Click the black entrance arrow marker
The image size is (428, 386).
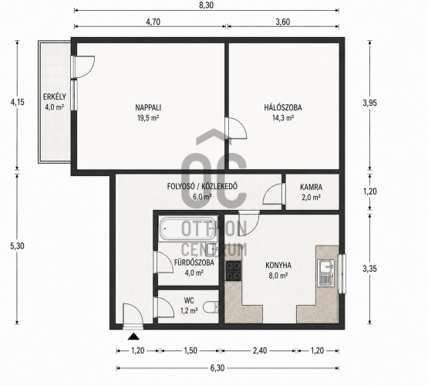pyautogui.click(x=133, y=337)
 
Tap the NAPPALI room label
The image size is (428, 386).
pyautogui.click(x=148, y=107)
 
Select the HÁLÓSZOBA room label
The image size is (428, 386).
pyautogui.click(x=283, y=107)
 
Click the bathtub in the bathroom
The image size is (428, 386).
pyautogui.click(x=189, y=229)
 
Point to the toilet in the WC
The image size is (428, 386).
pyautogui.click(x=211, y=307)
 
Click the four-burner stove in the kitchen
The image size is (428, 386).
pyautogui.click(x=234, y=270)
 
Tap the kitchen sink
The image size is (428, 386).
pyautogui.click(x=326, y=273)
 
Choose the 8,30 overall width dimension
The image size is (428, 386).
pyautogui.click(x=206, y=5)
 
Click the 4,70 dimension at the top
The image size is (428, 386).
pyautogui.click(x=153, y=22)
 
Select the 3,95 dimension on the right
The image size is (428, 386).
pyautogui.click(x=370, y=103)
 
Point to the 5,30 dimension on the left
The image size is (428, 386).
pyautogui.click(x=17, y=245)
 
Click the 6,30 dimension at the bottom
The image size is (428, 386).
pyautogui.click(x=217, y=368)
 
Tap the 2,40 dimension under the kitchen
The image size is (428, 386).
pyautogui.click(x=260, y=350)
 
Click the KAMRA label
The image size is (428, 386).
pyautogui.click(x=312, y=187)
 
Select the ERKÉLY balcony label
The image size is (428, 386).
pyautogui.click(x=55, y=96)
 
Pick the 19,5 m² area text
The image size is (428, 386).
pyautogui.click(x=148, y=118)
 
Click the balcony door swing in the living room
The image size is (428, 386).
pyautogui.click(x=85, y=67)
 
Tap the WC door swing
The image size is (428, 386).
pyautogui.click(x=164, y=307)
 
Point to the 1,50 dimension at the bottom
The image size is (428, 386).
pyautogui.click(x=190, y=350)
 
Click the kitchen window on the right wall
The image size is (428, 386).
pyautogui.click(x=342, y=274)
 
